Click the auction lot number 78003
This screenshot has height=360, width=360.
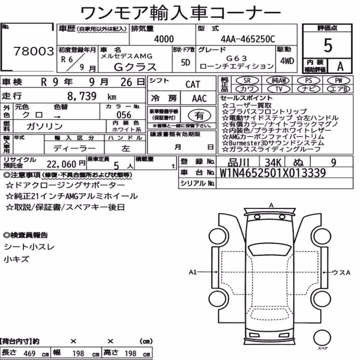click(x=34, y=51)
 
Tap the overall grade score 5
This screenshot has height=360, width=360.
click(x=328, y=45)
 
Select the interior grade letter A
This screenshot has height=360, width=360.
click(x=340, y=66)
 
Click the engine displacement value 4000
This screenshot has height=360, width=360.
click(x=164, y=39)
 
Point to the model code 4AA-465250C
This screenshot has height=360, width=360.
click(x=248, y=39)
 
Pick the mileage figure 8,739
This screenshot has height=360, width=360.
click(x=82, y=96)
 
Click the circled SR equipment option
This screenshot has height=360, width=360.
click(x=247, y=80)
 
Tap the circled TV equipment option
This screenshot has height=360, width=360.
click(x=279, y=89)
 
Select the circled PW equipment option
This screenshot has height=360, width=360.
click(x=339, y=80)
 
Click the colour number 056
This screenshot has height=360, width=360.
click(x=124, y=115)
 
